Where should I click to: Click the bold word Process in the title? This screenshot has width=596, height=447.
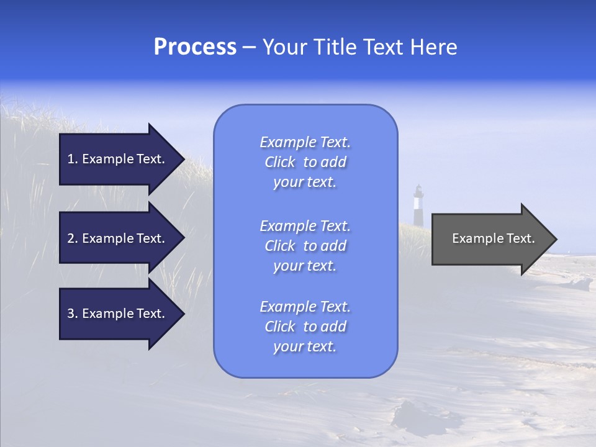point(195,47)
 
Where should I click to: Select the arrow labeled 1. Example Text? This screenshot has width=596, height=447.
point(118,159)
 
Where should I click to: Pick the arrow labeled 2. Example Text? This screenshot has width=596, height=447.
point(118,238)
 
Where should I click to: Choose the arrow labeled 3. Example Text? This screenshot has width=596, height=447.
point(118,314)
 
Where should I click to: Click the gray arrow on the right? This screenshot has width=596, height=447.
point(490,238)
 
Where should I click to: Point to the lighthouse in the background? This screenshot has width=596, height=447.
point(418,205)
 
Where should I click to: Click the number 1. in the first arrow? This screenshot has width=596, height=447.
point(72,159)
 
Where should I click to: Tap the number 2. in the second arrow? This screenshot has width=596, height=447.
point(72,238)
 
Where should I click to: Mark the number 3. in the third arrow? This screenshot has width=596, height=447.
point(72,314)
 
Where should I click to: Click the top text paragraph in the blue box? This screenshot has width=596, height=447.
point(305,162)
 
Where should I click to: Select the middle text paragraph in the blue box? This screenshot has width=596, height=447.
point(305,246)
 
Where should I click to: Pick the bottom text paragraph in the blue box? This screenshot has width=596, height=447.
point(305,327)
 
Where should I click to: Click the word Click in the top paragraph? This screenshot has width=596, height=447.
point(280,162)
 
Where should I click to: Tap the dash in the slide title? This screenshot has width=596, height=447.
point(249,47)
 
